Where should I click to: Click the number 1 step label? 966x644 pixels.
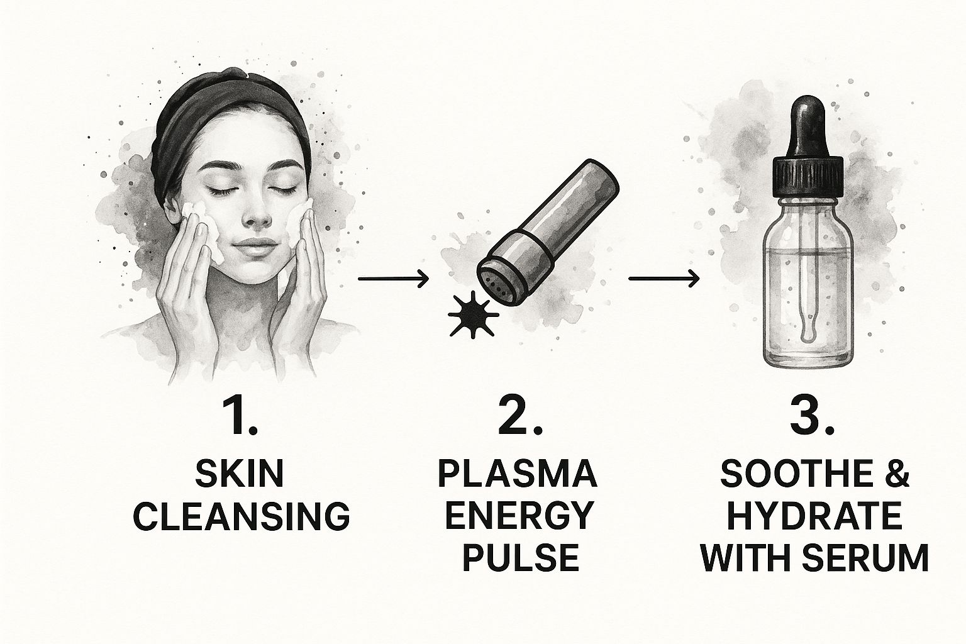[x=239, y=417]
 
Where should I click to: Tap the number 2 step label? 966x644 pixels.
[x=519, y=417]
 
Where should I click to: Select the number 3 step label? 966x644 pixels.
[x=813, y=417]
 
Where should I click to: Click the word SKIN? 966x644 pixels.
[x=240, y=473]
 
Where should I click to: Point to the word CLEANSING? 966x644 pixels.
[x=241, y=516]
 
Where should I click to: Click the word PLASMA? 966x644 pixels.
[x=518, y=474]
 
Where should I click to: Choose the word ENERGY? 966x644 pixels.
[x=518, y=516]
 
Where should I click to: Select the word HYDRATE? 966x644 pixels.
[x=814, y=516]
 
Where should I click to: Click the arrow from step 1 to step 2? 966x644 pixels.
[x=393, y=279]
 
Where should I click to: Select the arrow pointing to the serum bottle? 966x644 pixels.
[x=663, y=279]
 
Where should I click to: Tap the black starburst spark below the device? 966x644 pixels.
[x=473, y=314]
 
